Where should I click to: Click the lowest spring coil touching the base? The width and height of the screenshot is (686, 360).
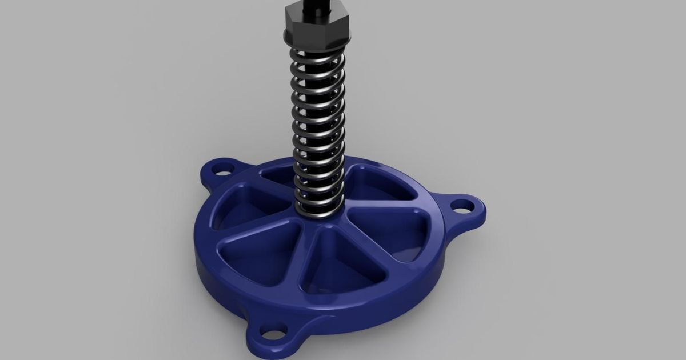click(x=318, y=212)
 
